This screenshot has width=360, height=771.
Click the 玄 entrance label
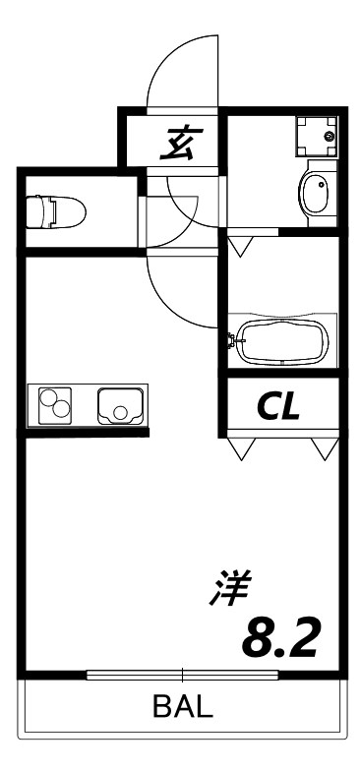[x=178, y=144]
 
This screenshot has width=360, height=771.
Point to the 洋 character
[x=231, y=589]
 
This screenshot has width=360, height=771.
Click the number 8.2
[x=280, y=638]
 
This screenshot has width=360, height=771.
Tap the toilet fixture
[x=56, y=210]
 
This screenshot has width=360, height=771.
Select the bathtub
[x=281, y=342]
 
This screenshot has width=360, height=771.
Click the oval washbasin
[x=318, y=192]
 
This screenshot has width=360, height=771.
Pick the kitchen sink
[x=120, y=405]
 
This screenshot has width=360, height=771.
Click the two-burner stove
[x=55, y=404]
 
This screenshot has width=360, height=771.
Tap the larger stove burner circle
[x=61, y=410]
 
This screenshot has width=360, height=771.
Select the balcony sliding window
[x=183, y=675]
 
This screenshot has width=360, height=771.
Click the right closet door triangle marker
[x=321, y=449]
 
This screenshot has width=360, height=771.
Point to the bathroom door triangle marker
[x=239, y=242]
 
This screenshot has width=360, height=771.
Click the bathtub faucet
[x=233, y=341]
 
